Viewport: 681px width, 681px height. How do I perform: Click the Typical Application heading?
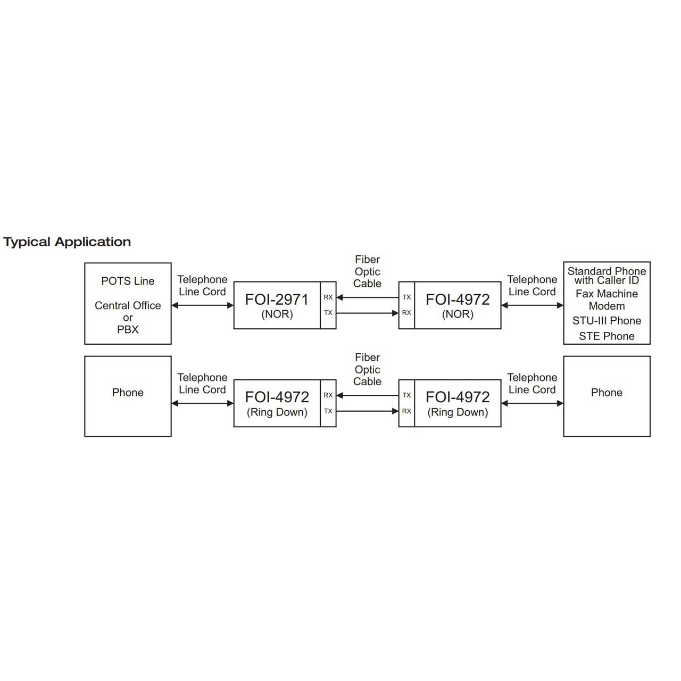[67, 242]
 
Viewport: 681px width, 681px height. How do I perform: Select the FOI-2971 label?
[277, 300]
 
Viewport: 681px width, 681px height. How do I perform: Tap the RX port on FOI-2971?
[328, 297]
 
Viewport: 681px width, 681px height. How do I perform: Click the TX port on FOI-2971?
[328, 313]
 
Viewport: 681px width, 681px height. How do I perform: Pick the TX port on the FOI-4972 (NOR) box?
[406, 297]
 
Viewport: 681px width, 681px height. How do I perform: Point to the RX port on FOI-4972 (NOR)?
[406, 313]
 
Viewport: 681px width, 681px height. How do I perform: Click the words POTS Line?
[128, 281]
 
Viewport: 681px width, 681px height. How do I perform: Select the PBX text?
[128, 329]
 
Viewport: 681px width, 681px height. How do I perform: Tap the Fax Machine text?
[607, 294]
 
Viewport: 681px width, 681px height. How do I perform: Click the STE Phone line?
[607, 336]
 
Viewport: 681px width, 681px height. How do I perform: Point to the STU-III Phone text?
[607, 320]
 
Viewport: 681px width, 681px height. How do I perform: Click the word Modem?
[607, 306]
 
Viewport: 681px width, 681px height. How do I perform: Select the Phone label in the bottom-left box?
[128, 392]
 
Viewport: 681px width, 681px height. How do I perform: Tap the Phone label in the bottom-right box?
[607, 392]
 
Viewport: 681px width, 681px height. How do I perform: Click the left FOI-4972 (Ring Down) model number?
[277, 397]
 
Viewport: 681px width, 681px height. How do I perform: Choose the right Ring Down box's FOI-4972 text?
[458, 397]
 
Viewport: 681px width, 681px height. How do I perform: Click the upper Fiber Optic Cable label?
[367, 271]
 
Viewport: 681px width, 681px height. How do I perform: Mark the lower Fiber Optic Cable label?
[367, 369]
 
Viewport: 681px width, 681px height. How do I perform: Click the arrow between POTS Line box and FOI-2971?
[203, 305]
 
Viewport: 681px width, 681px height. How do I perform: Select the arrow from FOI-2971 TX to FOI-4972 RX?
[367, 313]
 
